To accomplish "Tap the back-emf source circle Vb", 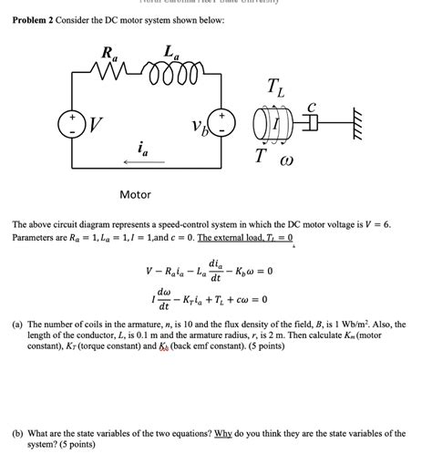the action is [220, 124].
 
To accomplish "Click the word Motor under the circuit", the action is [136, 194].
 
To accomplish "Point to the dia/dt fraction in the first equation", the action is [214, 269].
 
